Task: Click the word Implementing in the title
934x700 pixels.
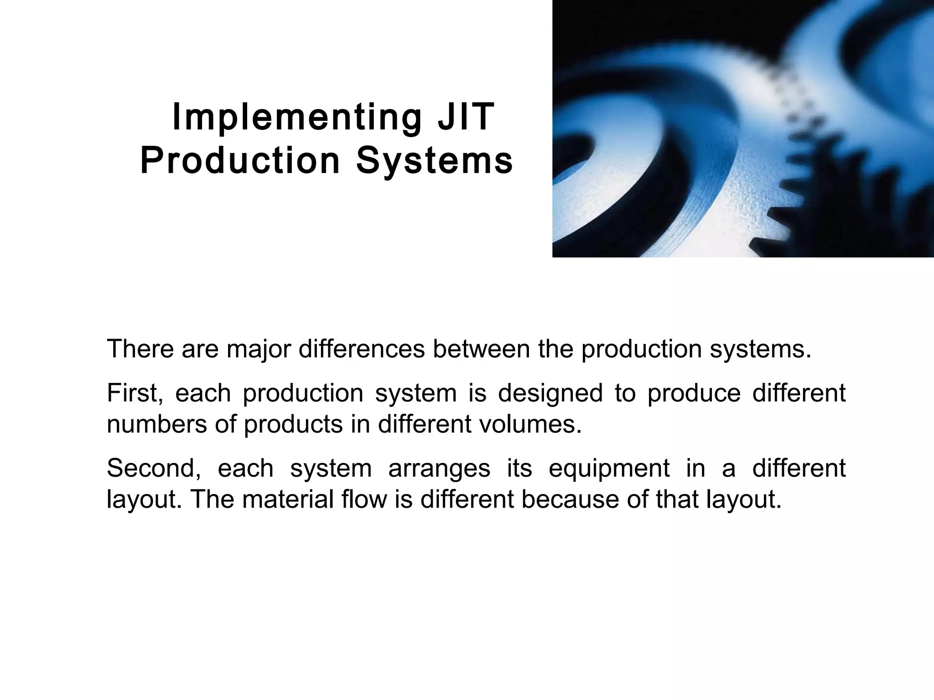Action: click(x=297, y=118)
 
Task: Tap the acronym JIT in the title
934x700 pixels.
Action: click(x=466, y=117)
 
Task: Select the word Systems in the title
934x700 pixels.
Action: click(x=435, y=161)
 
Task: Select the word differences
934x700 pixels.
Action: click(x=361, y=349)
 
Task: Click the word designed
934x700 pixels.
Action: click(x=550, y=393)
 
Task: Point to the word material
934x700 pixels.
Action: click(x=288, y=499)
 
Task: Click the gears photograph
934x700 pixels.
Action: click(x=743, y=129)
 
